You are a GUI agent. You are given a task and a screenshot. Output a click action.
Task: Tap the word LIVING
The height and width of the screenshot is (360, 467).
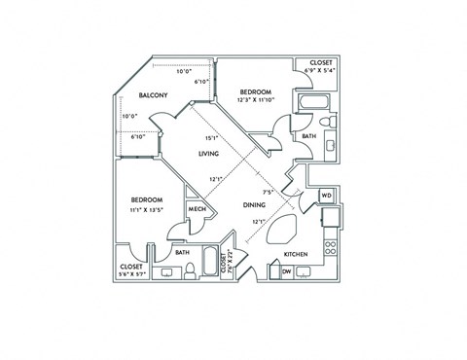click(x=208, y=154)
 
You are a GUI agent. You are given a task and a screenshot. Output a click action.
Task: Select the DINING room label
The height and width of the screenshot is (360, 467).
click(x=256, y=205)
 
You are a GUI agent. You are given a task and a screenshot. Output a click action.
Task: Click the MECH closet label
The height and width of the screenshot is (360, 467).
click(x=196, y=210)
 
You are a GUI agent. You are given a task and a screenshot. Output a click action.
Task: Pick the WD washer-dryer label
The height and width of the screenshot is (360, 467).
click(x=326, y=195)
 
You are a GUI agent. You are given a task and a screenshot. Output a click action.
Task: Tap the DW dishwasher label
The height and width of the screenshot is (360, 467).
click(x=287, y=271)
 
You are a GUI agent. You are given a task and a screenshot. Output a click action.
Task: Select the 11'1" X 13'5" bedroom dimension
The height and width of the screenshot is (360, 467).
click(x=148, y=208)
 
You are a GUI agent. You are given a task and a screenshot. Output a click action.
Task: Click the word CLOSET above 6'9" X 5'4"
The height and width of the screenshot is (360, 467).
click(x=320, y=62)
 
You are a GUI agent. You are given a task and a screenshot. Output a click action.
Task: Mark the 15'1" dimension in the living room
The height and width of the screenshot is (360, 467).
click(x=210, y=137)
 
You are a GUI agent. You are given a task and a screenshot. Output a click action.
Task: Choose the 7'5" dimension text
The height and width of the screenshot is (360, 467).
click(x=267, y=192)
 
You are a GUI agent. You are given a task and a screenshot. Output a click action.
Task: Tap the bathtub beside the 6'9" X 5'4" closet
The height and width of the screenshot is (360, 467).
click(x=315, y=101)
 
